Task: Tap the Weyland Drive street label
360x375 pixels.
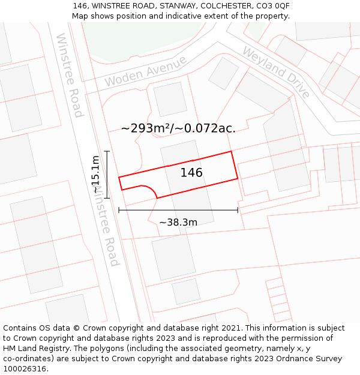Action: coord(276,72)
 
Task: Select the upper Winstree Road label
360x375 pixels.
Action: coord(69,74)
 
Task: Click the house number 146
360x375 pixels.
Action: coord(191,173)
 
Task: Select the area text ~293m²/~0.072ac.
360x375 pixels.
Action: coord(178,128)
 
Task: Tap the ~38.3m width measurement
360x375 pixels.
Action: coord(178,223)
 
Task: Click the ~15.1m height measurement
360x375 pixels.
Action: coord(95,174)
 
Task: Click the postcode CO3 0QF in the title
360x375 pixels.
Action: coord(273,5)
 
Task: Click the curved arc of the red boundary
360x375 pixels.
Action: coord(151,189)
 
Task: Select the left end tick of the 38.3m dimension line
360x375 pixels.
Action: coord(119,210)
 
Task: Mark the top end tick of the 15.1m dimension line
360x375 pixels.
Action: coord(107,151)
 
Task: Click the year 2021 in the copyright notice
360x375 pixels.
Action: coord(231,328)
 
